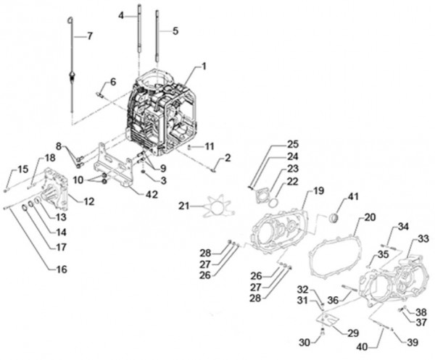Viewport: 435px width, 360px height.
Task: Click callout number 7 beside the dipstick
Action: point(90,35)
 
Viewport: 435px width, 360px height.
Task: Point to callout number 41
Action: point(354,197)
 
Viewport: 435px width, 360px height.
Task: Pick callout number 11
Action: point(209,146)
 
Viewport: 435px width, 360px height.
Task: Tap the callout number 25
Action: point(291,143)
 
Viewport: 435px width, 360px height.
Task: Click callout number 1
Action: point(204,67)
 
